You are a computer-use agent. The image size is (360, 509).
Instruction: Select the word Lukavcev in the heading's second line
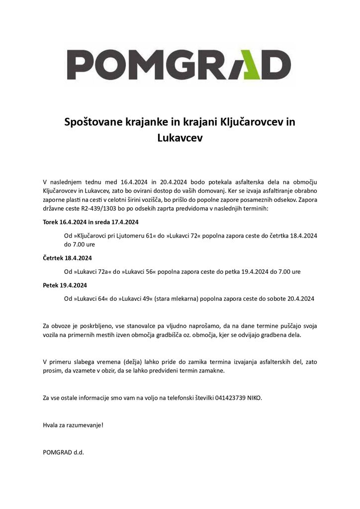coord(180,138)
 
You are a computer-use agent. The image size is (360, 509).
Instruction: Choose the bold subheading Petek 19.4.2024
coord(65,285)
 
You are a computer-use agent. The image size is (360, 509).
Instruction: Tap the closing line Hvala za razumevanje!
coord(73,425)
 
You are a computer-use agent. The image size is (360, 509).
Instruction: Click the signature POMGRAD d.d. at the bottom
coord(64,453)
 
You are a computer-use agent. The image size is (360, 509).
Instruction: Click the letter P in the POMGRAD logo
coord(78,65)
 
